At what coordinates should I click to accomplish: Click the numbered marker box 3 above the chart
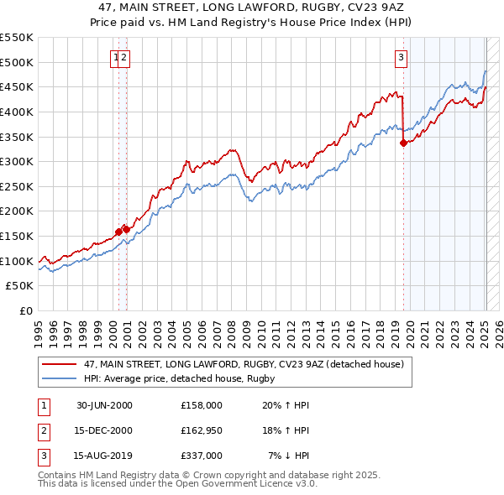coord(402,58)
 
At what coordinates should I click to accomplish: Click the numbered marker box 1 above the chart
coord(115,58)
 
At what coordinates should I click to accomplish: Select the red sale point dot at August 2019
coord(403,143)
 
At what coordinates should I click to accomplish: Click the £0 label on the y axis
coord(26,310)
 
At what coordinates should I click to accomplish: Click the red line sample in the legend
coord(59,365)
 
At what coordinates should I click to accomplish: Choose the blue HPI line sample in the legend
coord(59,379)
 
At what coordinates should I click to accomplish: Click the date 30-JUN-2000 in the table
coord(104,405)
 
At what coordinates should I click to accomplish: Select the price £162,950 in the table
coord(202,430)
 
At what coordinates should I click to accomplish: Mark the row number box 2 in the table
coord(42,430)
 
